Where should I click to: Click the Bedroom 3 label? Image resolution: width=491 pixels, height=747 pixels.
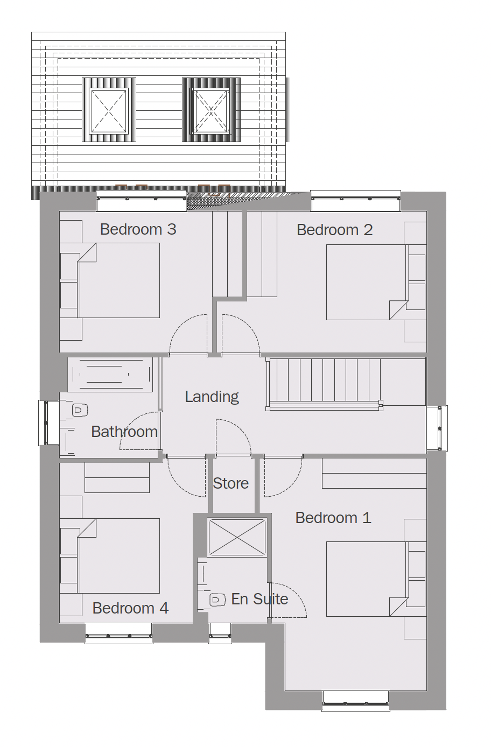click(138, 229)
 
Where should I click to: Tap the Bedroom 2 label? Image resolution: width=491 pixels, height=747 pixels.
click(334, 230)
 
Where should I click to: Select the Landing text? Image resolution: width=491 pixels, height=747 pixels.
click(212, 397)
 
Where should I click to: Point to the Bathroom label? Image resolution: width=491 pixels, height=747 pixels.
click(124, 432)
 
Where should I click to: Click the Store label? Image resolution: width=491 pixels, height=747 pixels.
click(230, 483)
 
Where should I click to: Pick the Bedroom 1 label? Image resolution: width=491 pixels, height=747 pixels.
click(333, 518)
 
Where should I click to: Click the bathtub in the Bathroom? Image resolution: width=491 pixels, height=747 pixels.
click(110, 375)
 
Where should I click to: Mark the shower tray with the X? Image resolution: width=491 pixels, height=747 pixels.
click(237, 537)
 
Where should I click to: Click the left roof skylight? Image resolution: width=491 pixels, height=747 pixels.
click(109, 110)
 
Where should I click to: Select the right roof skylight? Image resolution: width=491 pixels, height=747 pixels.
click(211, 110)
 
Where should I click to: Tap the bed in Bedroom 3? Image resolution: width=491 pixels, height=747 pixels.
click(118, 280)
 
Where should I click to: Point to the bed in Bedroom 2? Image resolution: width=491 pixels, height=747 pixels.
click(367, 283)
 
